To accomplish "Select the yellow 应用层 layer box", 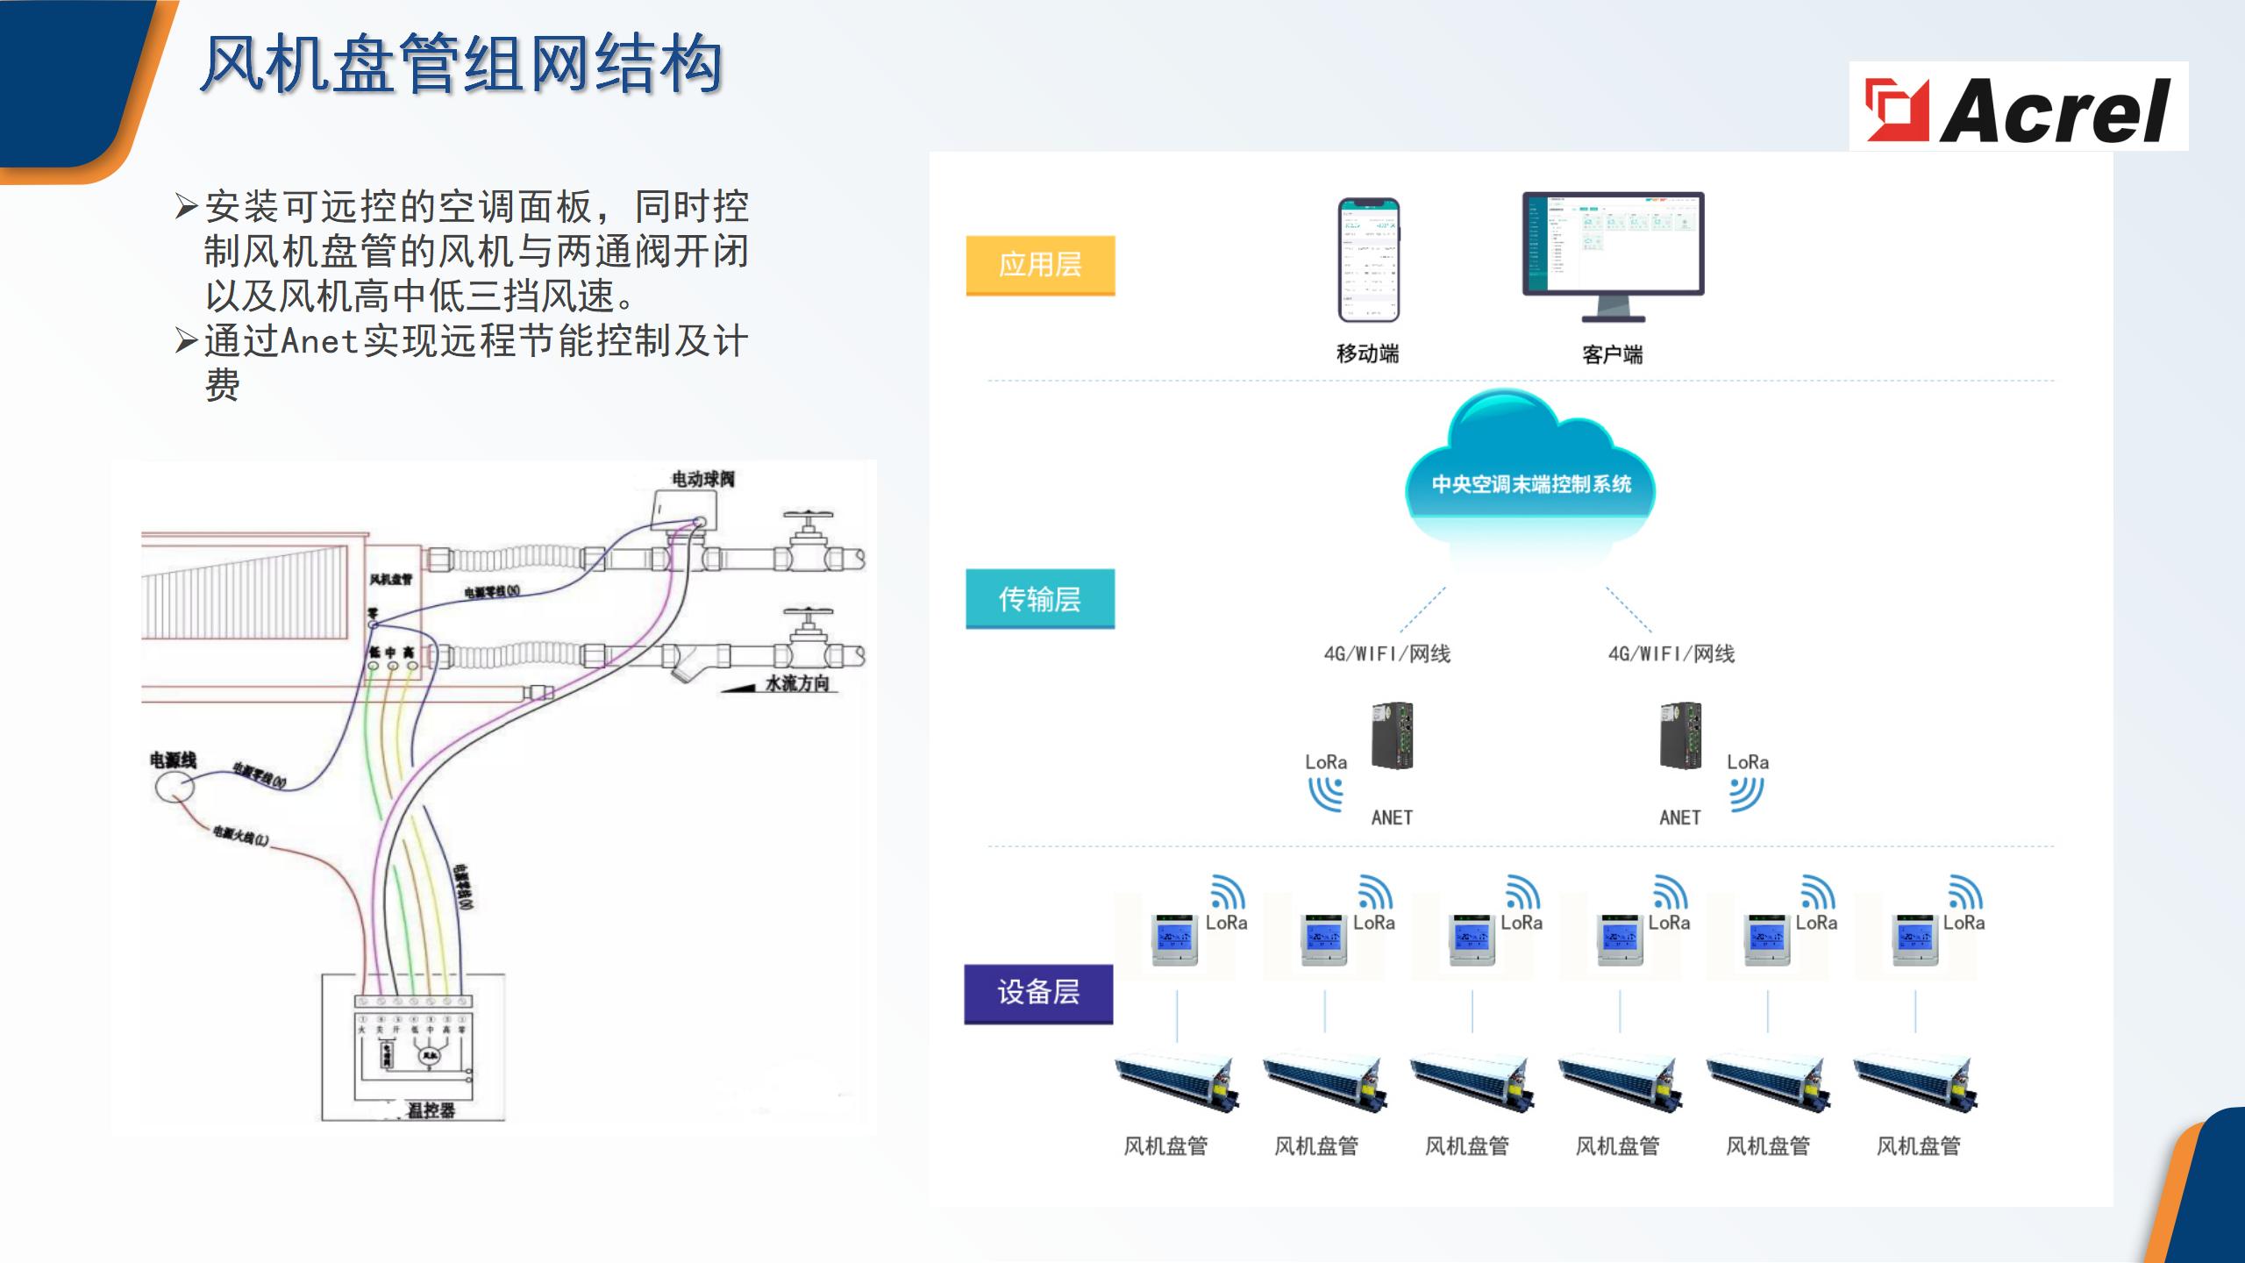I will [1040, 265].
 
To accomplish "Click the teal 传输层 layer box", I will [1040, 599].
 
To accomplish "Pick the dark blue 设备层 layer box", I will [1038, 993].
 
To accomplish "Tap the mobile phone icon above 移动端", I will [1368, 260].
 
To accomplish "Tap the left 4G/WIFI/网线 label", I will [1386, 654].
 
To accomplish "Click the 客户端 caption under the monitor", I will [1612, 354].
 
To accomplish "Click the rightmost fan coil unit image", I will [1915, 1083].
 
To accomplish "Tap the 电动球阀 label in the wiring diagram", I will [703, 479].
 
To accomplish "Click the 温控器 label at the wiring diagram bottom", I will [431, 1110].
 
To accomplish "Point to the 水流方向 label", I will [797, 683].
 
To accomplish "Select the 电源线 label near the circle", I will [173, 760].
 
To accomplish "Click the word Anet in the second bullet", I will [319, 341].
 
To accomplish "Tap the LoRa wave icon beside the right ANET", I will [1745, 794].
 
